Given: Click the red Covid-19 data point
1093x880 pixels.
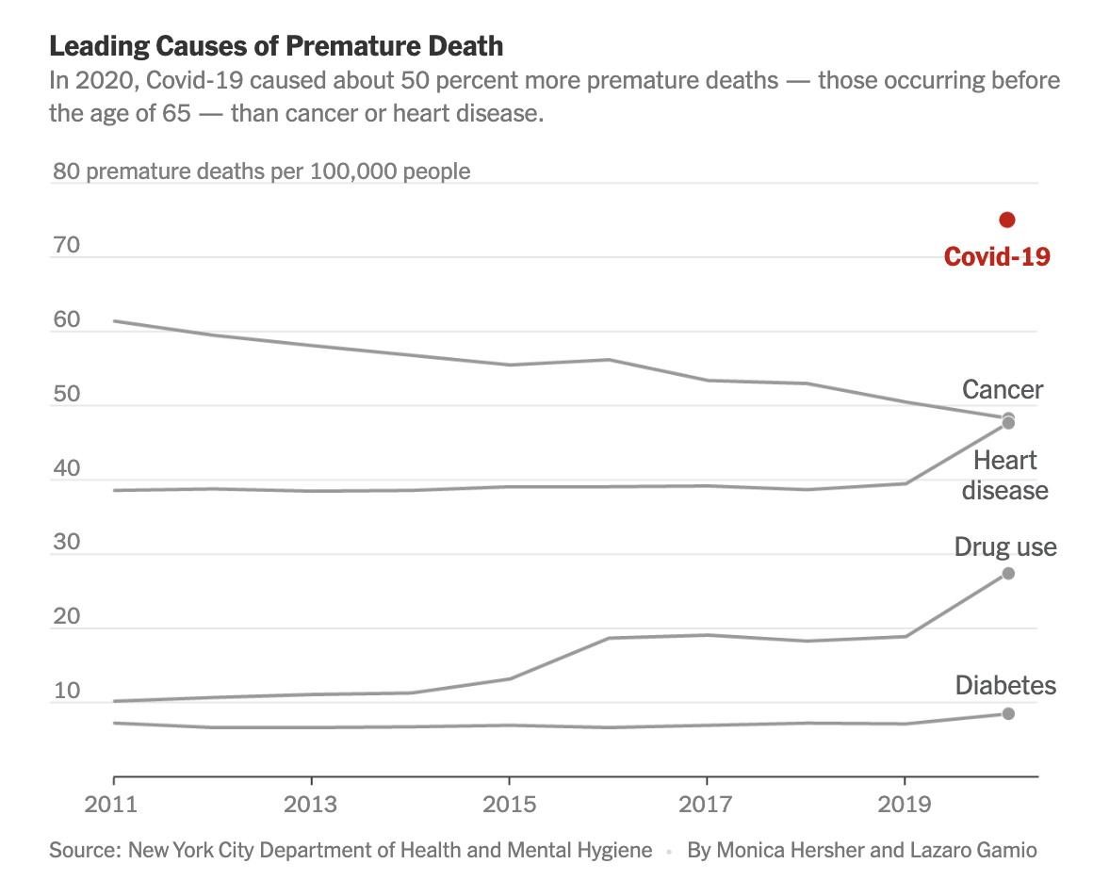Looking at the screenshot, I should (1007, 220).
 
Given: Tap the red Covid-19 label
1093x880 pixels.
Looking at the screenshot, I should (997, 256).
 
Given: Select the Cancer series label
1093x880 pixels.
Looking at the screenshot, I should (1003, 390).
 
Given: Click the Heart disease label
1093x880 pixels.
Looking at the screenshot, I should (1004, 475).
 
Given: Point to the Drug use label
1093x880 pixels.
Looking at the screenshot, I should (1005, 547).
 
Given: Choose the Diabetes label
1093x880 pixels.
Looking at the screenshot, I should (1005, 685).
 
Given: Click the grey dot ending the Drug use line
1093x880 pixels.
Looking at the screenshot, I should (1007, 574).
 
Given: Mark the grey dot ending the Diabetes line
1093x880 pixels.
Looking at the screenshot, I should (1007, 713).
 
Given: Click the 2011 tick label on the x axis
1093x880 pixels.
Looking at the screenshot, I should (114, 805).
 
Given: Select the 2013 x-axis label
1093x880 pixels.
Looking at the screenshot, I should (311, 805).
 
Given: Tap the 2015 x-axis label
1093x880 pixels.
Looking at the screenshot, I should (509, 805).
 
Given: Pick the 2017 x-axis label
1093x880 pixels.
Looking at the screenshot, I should (707, 805).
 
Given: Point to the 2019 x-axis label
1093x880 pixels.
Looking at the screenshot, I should (905, 805).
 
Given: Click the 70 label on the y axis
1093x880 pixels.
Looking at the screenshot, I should (67, 247).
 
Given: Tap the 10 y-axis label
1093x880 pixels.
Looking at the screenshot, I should (67, 692).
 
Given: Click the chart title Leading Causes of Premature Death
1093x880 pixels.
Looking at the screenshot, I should (276, 45).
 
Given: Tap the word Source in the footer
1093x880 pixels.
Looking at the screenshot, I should (83, 851).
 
